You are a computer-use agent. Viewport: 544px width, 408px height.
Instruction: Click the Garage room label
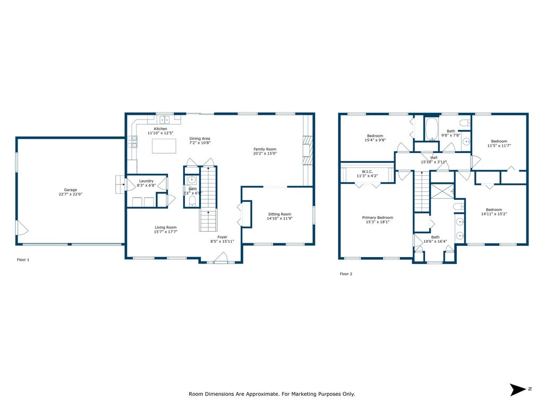[71, 190]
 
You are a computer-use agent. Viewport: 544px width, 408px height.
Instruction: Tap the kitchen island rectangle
[164, 146]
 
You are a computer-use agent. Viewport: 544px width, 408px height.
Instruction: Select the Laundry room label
[146, 181]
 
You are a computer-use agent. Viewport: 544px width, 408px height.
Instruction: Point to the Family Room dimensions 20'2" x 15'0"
[265, 154]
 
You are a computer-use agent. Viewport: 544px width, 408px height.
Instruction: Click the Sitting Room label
[279, 214]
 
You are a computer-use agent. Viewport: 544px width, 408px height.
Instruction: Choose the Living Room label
[166, 227]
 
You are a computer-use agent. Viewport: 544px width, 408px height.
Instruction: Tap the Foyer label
[222, 237]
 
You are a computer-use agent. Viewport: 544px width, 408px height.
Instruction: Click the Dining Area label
[200, 139]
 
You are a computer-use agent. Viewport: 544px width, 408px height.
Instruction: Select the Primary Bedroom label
[378, 217]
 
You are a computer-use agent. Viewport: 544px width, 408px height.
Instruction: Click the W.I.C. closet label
[367, 172]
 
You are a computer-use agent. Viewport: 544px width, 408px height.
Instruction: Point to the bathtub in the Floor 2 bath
[432, 129]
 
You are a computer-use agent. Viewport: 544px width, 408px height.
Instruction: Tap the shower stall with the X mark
[442, 191]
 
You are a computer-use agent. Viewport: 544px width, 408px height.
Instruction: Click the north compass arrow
[517, 389]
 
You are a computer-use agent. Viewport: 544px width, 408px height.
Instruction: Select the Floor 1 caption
[23, 259]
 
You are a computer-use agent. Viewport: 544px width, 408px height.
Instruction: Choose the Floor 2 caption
[346, 274]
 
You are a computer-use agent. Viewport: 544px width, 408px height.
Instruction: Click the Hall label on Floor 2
[433, 157]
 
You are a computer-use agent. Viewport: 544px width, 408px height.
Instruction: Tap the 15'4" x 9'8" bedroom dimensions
[375, 140]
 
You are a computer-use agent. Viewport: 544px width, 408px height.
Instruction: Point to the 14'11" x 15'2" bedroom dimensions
[494, 214]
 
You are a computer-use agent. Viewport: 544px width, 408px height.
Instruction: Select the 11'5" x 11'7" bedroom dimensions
[499, 146]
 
